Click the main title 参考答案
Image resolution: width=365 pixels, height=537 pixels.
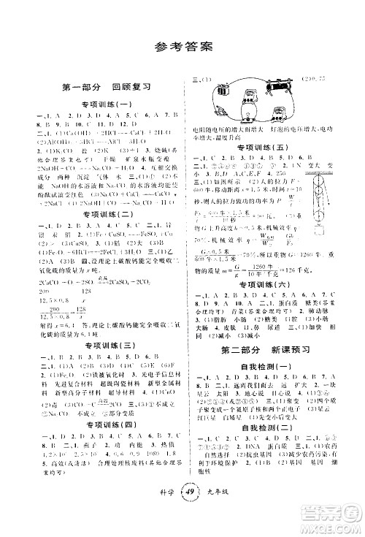click(x=182, y=48)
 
